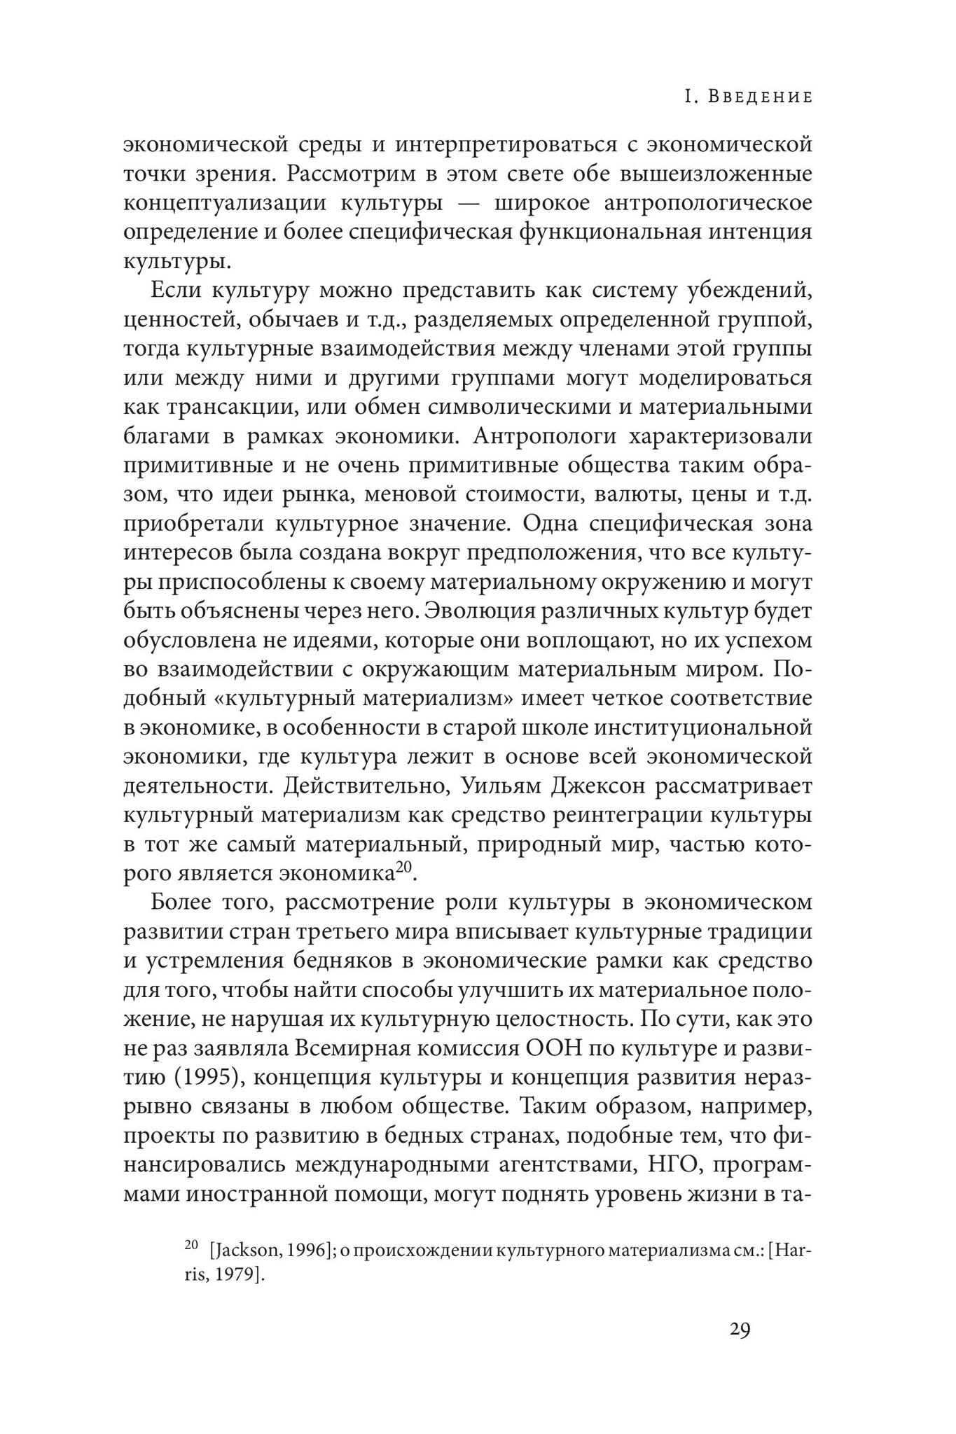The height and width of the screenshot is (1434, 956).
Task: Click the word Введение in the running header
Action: pyautogui.click(x=760, y=97)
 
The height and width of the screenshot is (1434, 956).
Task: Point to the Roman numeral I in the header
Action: pyautogui.click(x=688, y=97)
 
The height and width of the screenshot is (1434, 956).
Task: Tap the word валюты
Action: pyautogui.click(x=635, y=494)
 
